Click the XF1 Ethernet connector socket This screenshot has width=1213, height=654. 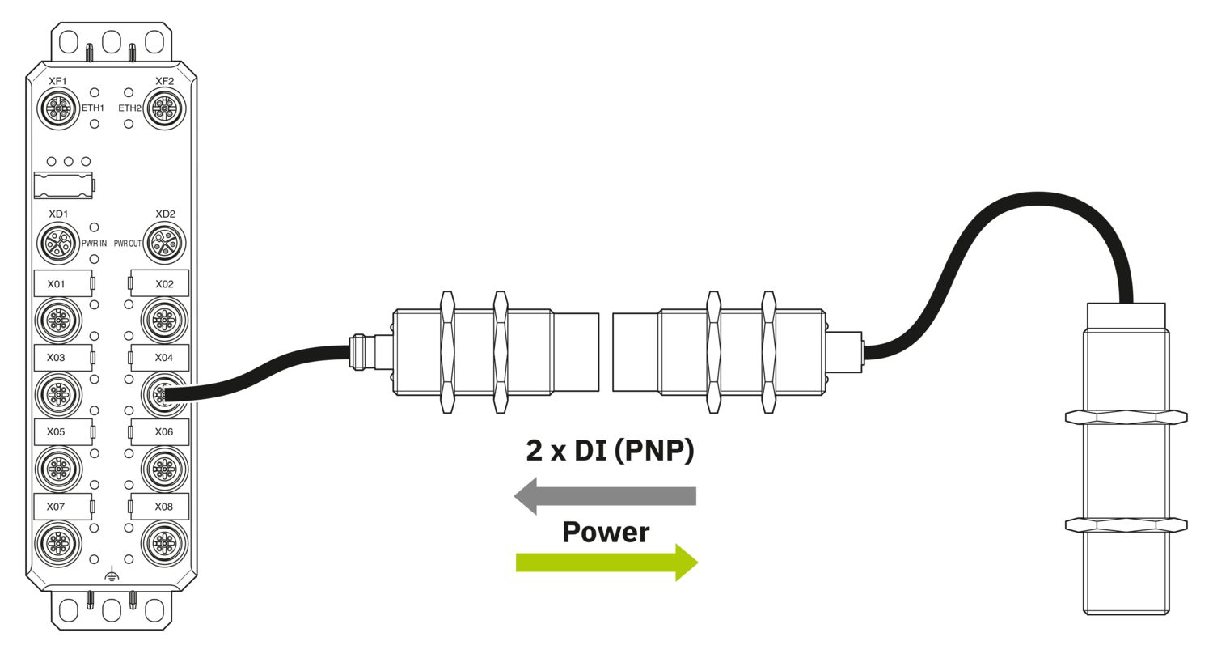click(58, 108)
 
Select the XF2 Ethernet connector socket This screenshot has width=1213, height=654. click(165, 108)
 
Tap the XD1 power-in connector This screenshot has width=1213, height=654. click(58, 243)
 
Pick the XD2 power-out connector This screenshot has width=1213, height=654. click(165, 243)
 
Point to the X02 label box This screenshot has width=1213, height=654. click(161, 283)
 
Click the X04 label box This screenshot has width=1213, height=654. click(161, 357)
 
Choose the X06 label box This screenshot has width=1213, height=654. click(161, 431)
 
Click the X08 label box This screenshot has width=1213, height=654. click(161, 506)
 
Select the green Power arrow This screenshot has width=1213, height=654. click(606, 562)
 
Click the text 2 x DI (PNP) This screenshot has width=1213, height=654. click(610, 451)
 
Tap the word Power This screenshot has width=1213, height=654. click(606, 532)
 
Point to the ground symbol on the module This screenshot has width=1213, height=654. click(112, 575)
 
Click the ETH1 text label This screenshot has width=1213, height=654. click(92, 108)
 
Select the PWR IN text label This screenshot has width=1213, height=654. click(94, 243)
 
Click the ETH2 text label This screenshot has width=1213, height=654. click(129, 108)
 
